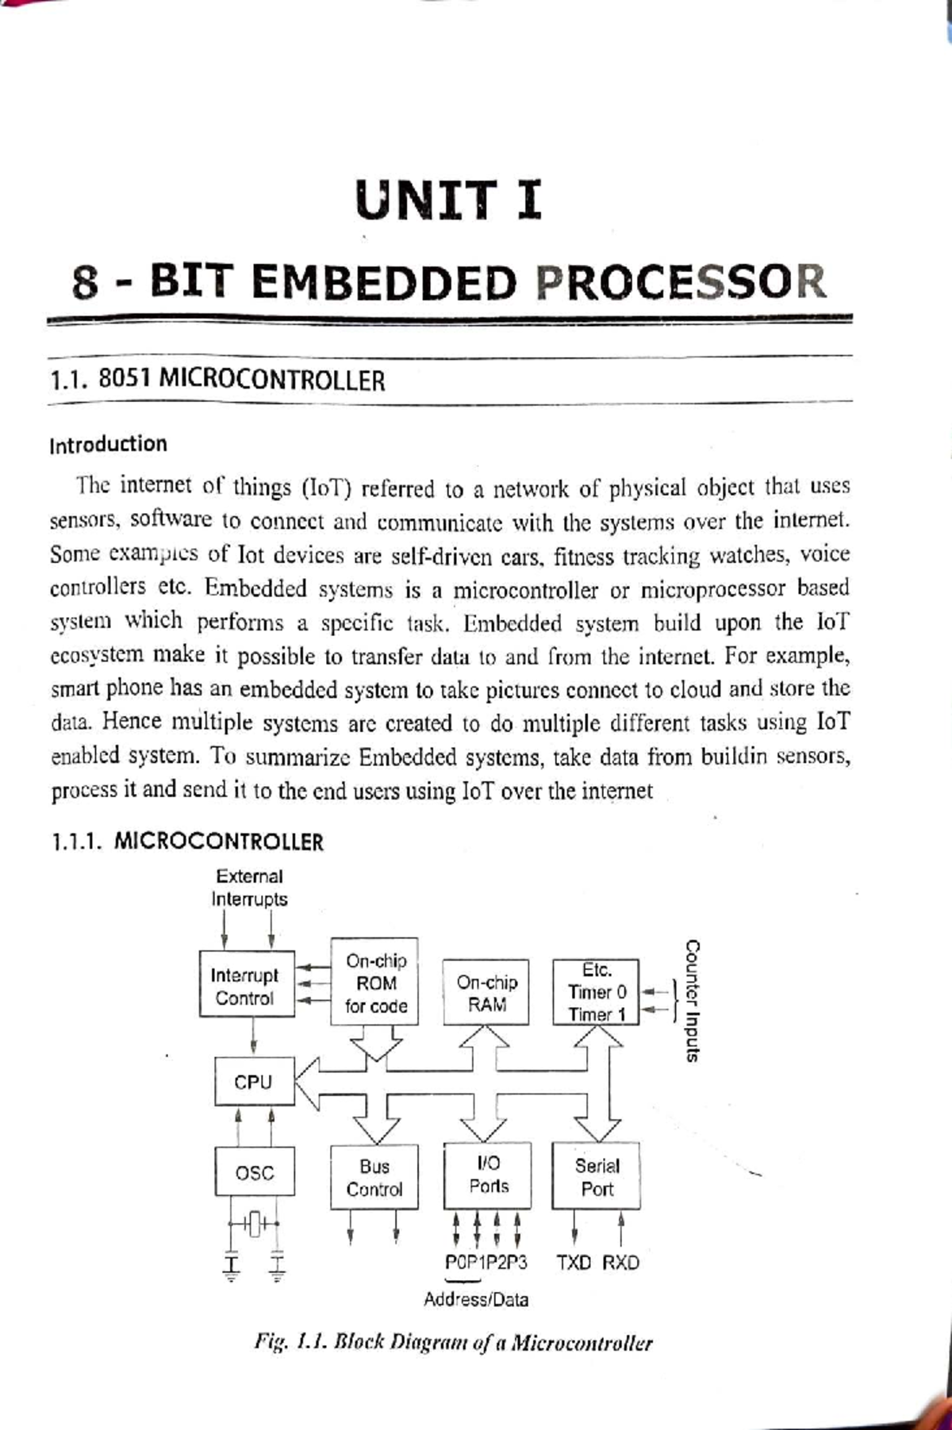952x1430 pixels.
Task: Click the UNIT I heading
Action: [448, 200]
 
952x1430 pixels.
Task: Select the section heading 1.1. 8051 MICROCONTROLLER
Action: [217, 381]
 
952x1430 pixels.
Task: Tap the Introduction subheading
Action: [108, 444]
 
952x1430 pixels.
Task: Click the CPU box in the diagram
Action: [253, 1082]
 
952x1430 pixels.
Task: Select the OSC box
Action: [254, 1171]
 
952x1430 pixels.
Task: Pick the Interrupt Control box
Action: [246, 986]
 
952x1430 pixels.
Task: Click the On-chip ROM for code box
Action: [375, 983]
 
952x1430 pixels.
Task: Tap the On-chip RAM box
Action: [486, 993]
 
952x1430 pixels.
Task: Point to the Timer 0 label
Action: [597, 992]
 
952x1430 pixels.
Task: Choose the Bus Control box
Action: [374, 1178]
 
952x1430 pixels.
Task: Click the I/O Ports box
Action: [488, 1175]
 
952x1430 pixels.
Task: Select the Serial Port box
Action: [597, 1177]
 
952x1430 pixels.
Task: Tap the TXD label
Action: [574, 1262]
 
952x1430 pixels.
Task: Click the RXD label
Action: [620, 1262]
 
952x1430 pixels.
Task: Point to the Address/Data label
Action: [475, 1299]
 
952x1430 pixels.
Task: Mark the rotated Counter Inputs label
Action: [692, 1000]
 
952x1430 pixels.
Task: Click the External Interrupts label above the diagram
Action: [249, 888]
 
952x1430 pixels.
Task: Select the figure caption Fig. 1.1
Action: [453, 1343]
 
